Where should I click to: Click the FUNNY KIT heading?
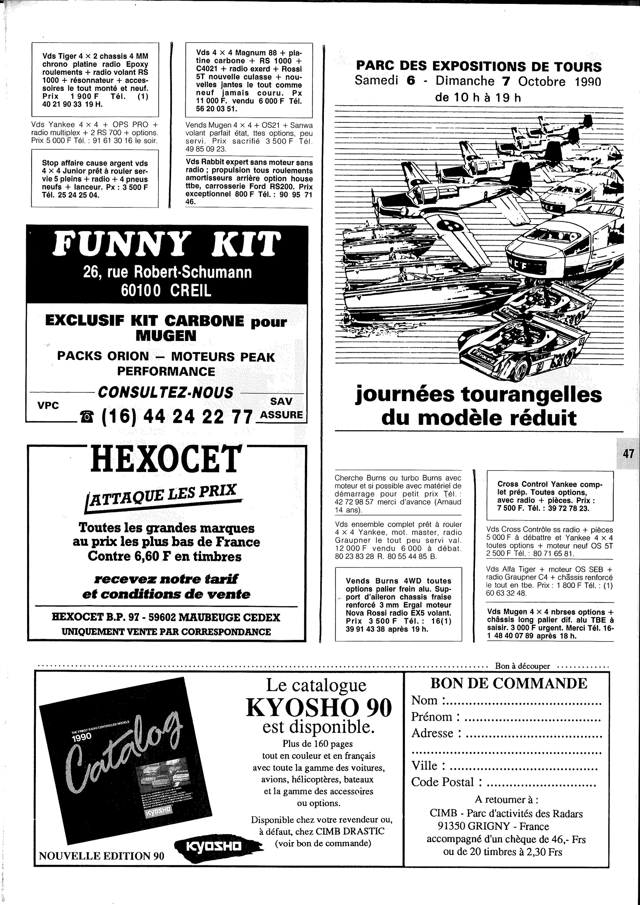coord(167,244)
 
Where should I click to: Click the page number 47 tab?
coord(628,454)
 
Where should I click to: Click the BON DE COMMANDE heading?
coord(508,683)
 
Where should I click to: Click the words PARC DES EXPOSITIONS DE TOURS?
coord(478,66)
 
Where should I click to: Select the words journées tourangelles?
coord(478,395)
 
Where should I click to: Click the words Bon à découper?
coord(522,666)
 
